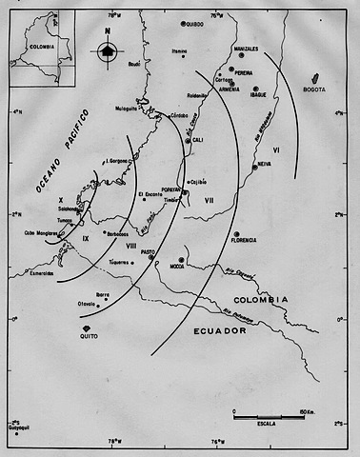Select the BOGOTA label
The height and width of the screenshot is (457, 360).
point(314,89)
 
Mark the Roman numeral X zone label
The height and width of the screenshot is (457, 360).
point(60,200)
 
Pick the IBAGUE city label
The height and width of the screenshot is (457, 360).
point(258,95)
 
